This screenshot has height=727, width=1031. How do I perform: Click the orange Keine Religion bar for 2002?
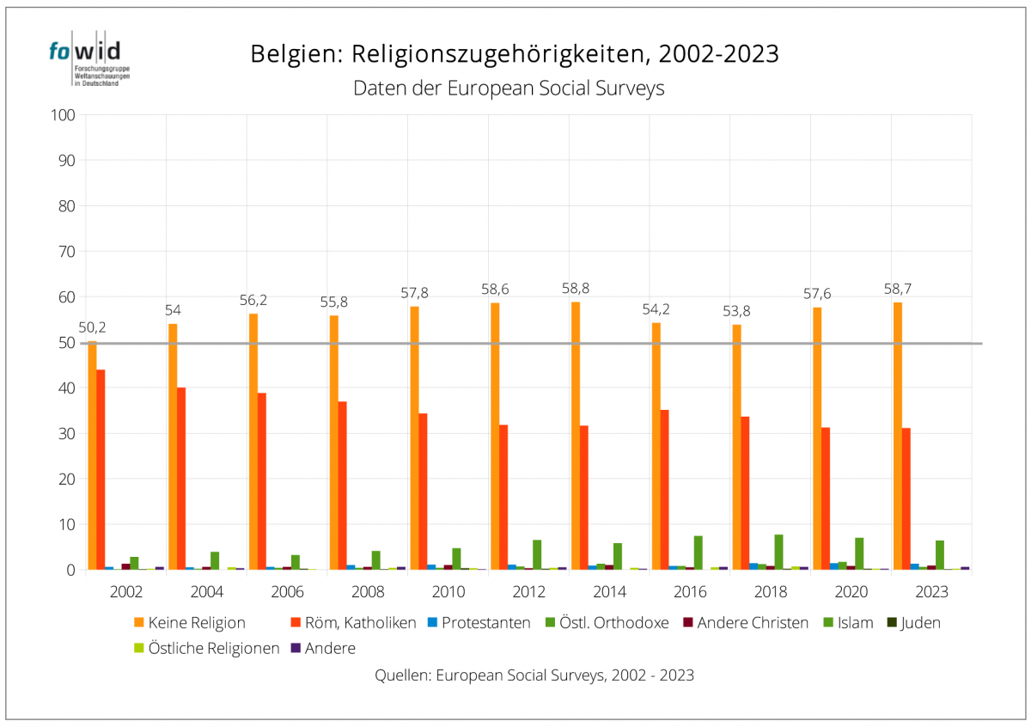pos(92,455)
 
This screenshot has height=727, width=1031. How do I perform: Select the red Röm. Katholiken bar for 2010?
pos(423,491)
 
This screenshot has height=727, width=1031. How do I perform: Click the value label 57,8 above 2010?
pos(414,293)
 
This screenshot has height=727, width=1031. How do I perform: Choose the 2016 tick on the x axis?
pos(690,592)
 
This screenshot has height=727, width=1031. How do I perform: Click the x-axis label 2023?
pos(931,592)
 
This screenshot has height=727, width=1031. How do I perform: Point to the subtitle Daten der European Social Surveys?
pos(509,89)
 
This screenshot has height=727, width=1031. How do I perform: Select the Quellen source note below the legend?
pos(534,675)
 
